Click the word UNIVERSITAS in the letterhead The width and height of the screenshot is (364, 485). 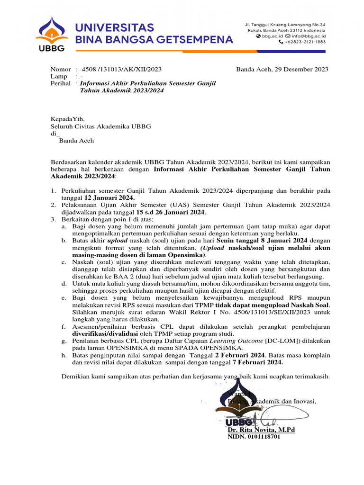coord(114,27)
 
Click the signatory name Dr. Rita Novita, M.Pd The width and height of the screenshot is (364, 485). coord(261,430)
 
